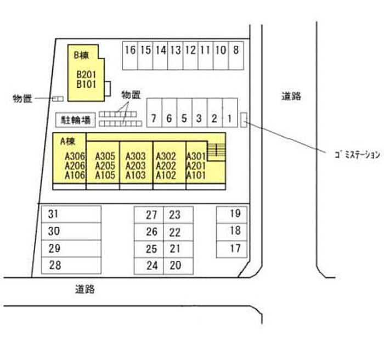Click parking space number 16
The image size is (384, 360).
[130, 55]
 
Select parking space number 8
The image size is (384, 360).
[236, 55]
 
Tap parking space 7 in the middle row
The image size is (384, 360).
[154, 113]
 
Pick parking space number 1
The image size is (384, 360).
[230, 113]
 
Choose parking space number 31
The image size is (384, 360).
[71, 215]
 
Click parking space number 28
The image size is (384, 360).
[71, 266]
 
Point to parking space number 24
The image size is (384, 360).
[149, 266]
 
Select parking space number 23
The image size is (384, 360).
[178, 215]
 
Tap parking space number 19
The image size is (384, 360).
[231, 215]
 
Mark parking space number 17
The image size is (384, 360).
[231, 249]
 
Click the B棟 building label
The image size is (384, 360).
[81, 55]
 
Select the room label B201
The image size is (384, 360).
[86, 74]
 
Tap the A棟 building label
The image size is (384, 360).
[67, 141]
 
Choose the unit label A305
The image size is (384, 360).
[105, 156]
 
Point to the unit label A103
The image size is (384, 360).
[135, 175]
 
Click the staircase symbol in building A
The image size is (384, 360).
[216, 150]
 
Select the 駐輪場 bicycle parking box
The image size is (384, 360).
[76, 120]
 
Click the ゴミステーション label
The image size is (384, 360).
[357, 154]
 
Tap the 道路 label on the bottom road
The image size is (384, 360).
[84, 289]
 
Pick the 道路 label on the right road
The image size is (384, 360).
[291, 96]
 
